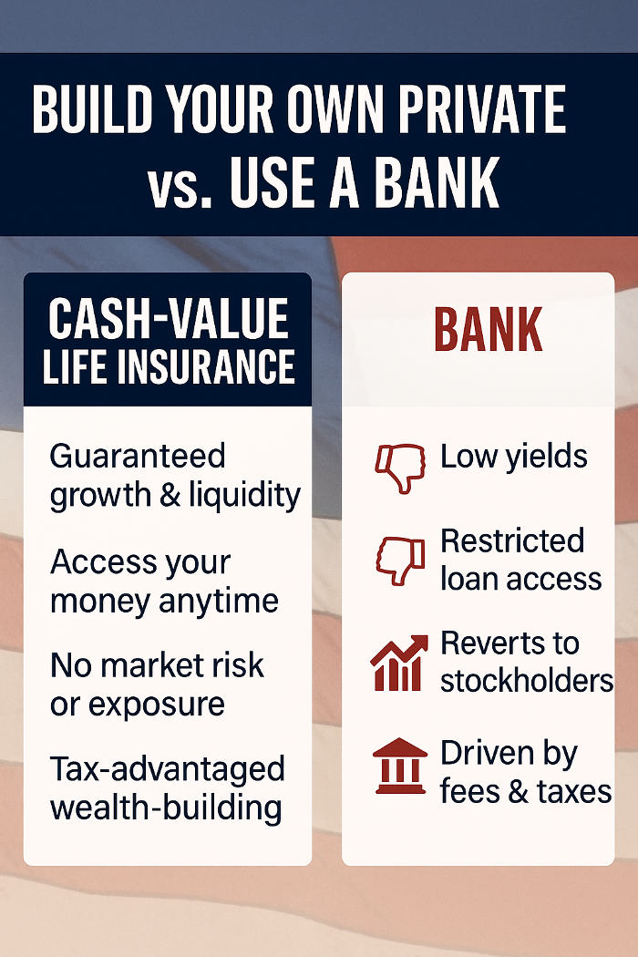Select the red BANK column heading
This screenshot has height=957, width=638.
[489, 330]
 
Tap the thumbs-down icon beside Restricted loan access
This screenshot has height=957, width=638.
[400, 561]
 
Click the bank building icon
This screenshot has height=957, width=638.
[400, 766]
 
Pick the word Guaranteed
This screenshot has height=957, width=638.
[138, 456]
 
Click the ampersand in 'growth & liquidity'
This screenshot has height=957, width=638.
[170, 494]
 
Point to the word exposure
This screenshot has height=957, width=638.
[157, 705]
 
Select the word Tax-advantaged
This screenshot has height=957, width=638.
[168, 769]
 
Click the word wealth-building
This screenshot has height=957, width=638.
[166, 808]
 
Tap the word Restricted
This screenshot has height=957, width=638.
[512, 540]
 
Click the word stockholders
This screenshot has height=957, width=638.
[527, 681]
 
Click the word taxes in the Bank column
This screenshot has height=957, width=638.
[574, 792]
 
